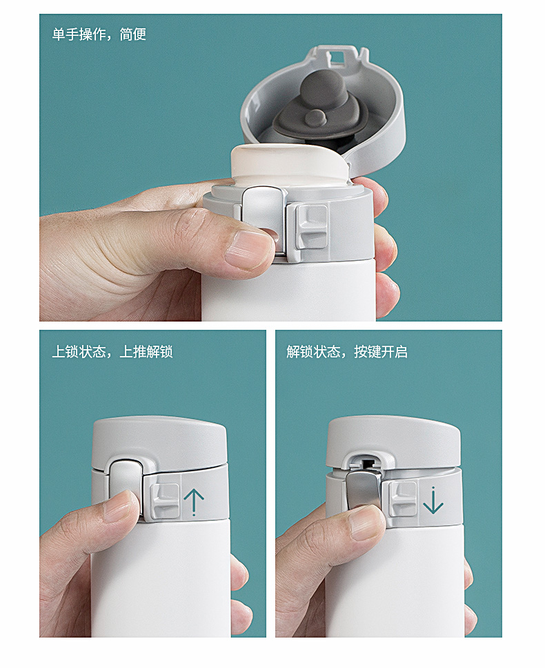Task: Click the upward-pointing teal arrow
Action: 194,502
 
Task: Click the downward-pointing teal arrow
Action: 433,500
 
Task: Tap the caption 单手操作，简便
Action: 99,35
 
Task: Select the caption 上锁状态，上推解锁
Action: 112,352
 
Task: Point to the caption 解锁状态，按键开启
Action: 347,352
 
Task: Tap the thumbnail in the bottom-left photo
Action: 121,506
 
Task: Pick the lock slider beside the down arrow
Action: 403,497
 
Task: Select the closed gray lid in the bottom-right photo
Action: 394,442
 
